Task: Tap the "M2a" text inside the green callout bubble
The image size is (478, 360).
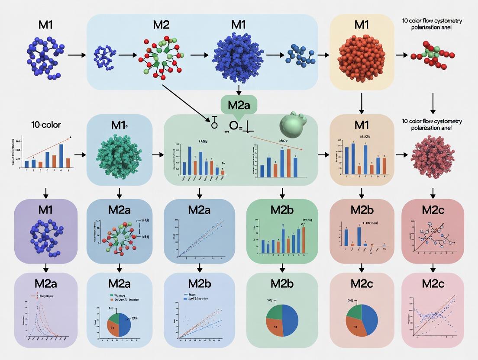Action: click(x=239, y=105)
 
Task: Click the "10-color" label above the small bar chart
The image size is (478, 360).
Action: click(x=45, y=125)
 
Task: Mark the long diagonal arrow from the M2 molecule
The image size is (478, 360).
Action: click(x=186, y=104)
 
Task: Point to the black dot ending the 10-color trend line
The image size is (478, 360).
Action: click(x=71, y=137)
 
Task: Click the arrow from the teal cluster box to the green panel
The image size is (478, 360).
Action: click(x=158, y=154)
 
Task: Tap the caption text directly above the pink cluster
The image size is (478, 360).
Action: click(x=432, y=125)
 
